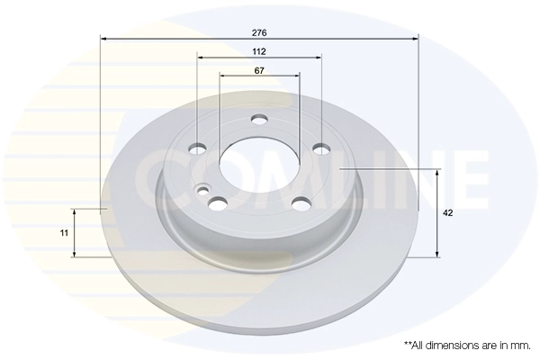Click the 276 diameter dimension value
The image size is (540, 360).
tap(259, 31)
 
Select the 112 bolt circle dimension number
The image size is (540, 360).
tap(259, 50)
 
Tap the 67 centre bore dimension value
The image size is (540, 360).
tap(259, 70)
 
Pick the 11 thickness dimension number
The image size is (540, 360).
tap(64, 232)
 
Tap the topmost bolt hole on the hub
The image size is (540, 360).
tap(259, 120)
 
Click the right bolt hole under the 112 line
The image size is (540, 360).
tap(319, 149)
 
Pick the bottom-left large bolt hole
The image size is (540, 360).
tap(219, 203)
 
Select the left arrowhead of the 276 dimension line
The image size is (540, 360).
tap(103, 39)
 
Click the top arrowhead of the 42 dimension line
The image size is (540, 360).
tap(438, 173)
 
